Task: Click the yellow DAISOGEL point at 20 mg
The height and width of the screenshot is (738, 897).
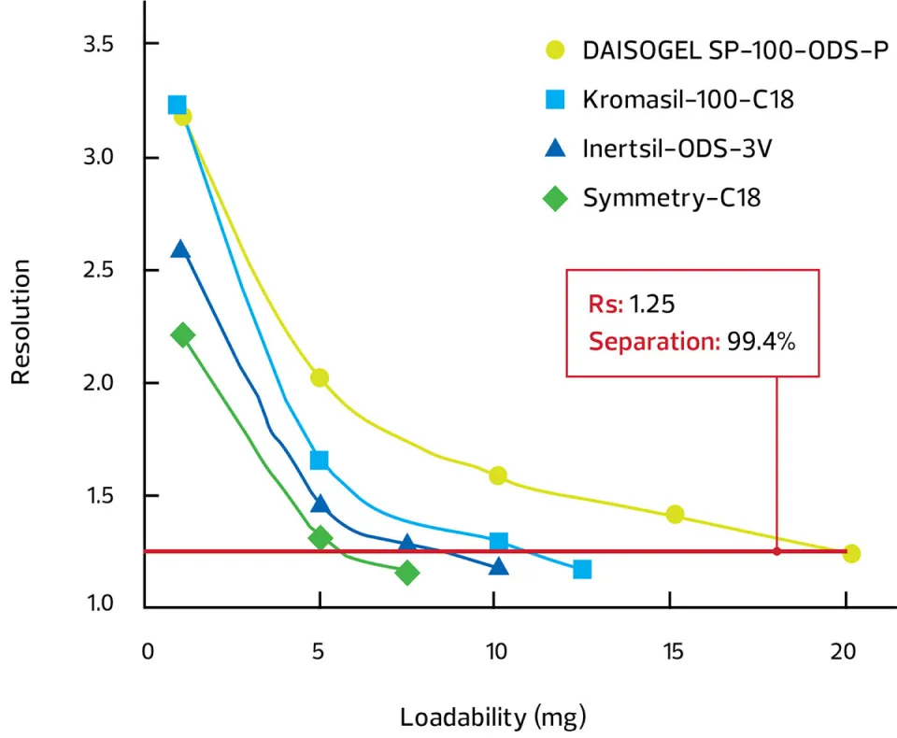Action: click(x=851, y=553)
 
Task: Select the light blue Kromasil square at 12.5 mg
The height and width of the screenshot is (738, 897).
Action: click(x=582, y=569)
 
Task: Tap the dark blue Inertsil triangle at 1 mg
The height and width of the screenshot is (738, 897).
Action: click(x=180, y=249)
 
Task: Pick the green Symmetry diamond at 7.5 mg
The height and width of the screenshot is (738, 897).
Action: click(x=407, y=573)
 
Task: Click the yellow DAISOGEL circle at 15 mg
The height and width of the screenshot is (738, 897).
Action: click(x=675, y=515)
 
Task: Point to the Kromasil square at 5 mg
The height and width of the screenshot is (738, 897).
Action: click(x=320, y=460)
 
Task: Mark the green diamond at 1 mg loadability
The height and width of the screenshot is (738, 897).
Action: click(x=183, y=334)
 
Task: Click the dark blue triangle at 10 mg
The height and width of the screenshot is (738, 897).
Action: click(x=499, y=566)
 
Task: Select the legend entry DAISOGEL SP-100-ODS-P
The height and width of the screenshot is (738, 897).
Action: click(x=735, y=50)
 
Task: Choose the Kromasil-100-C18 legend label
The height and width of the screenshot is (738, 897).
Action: click(x=689, y=100)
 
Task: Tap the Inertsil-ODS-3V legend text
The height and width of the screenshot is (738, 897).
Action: click(x=677, y=149)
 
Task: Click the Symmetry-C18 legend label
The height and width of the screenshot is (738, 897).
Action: click(x=672, y=198)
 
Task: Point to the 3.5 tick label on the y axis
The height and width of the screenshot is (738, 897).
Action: click(x=98, y=44)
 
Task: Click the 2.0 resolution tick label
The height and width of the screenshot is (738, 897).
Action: click(x=98, y=383)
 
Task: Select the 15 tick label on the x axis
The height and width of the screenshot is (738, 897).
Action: click(x=674, y=651)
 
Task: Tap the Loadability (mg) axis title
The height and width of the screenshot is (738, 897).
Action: click(x=493, y=717)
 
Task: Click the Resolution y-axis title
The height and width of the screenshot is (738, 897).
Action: click(x=21, y=321)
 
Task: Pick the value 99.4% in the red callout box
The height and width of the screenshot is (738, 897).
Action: click(x=761, y=342)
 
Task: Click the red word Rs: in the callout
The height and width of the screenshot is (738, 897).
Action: click(x=605, y=304)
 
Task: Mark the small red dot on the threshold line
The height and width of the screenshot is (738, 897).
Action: click(x=776, y=551)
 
